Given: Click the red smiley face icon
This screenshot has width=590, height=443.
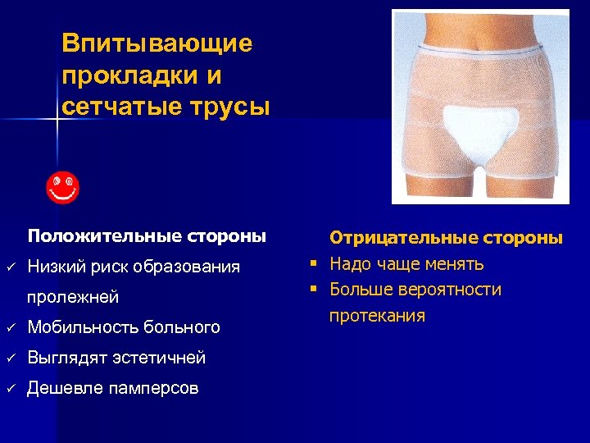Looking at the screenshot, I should (x=61, y=188).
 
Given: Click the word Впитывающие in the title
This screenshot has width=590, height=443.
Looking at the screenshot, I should (x=157, y=43).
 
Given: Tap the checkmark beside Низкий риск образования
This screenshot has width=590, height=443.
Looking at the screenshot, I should (x=11, y=267).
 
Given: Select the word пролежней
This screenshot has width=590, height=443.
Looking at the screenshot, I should (x=73, y=296).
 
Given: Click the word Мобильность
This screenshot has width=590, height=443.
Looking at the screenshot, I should (x=81, y=327).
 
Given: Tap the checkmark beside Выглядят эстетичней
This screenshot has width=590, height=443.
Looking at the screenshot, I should (x=11, y=359).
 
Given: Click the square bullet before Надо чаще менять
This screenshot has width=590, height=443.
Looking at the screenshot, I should (x=313, y=264).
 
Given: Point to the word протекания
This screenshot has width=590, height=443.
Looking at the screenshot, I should (x=377, y=316).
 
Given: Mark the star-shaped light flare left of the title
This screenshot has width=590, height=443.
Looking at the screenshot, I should (x=56, y=120).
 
